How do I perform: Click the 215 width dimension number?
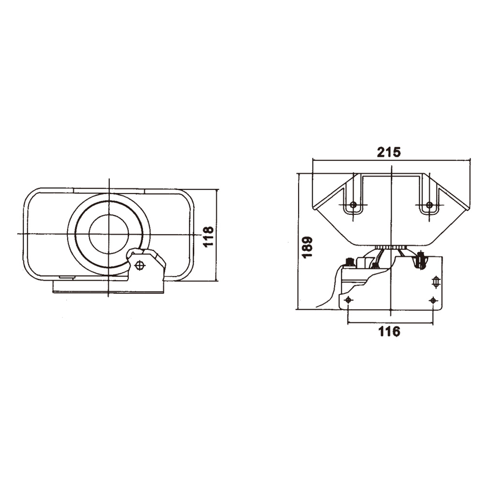point(389,152)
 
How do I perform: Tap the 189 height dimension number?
point(308,247)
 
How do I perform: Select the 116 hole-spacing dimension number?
point(389,332)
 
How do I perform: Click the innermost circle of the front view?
point(108,234)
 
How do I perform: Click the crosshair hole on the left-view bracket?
point(140,265)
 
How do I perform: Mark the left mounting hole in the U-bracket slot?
point(353,204)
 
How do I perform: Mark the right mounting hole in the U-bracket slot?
point(429,204)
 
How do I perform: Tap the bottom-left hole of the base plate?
point(348,300)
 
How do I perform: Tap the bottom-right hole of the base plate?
point(433,300)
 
